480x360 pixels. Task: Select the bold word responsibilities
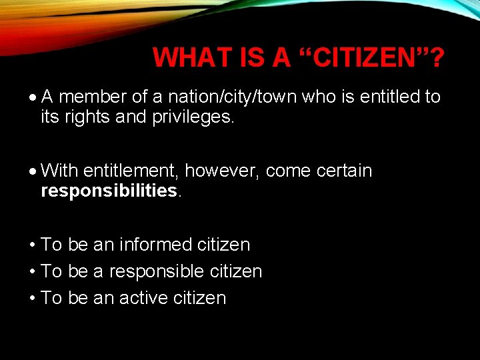pos(109,192)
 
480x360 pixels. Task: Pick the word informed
pos(156,245)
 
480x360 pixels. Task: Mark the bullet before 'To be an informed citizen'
pos(33,245)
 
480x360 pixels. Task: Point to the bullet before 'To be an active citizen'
pos(33,299)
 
